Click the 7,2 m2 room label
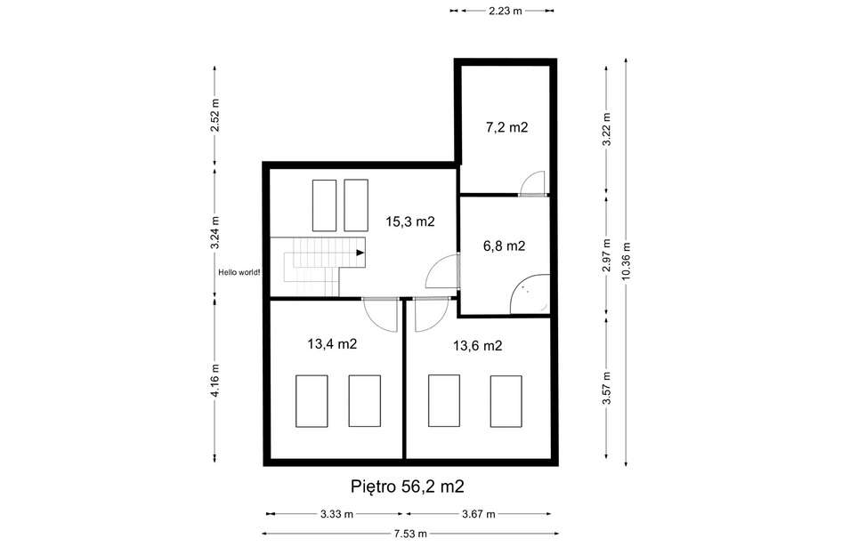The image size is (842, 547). click(506, 127)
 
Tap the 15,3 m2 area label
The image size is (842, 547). click(409, 221)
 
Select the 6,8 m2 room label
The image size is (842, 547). click(504, 245)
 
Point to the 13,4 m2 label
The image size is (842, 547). click(332, 343)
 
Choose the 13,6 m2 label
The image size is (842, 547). click(477, 346)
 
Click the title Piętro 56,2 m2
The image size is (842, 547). click(407, 487)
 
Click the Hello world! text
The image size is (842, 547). click(239, 272)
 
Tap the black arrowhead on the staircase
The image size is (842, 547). click(360, 253)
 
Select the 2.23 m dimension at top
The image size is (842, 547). click(506, 11)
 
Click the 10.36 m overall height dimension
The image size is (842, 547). click(626, 261)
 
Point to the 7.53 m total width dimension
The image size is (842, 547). click(410, 534)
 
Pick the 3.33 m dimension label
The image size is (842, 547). click(336, 514)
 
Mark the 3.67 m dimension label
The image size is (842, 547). click(479, 514)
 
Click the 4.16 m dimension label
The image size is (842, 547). click(215, 381)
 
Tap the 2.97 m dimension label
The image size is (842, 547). click(607, 255)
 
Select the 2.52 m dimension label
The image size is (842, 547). click(215, 115)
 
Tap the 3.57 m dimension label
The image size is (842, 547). click(607, 388)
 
